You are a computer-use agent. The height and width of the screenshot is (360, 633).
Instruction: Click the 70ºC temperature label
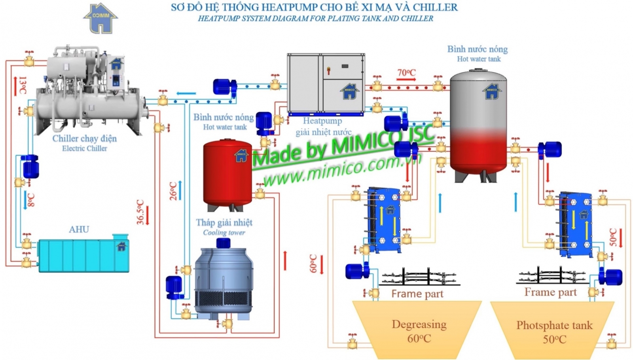(406, 72)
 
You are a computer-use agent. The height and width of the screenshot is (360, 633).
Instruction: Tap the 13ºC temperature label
(23, 85)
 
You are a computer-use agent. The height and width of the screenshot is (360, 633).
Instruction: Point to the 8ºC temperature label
(31, 200)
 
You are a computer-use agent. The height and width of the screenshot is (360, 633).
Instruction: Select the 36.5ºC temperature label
(140, 212)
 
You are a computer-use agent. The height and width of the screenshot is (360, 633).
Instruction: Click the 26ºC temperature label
(173, 191)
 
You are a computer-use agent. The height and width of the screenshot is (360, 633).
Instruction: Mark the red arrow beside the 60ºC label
(322, 265)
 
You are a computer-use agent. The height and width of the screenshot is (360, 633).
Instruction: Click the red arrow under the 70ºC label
(406, 80)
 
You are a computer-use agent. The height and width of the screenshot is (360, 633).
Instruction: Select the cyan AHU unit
(83, 255)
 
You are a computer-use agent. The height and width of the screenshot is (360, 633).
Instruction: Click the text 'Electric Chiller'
(84, 148)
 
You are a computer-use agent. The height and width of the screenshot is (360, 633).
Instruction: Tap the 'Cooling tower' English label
(224, 233)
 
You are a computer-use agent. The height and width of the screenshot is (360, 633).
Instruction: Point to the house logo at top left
(100, 18)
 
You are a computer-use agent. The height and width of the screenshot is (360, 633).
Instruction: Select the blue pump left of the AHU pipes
(30, 167)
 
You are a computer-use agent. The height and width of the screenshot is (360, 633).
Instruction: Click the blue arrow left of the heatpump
(186, 93)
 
